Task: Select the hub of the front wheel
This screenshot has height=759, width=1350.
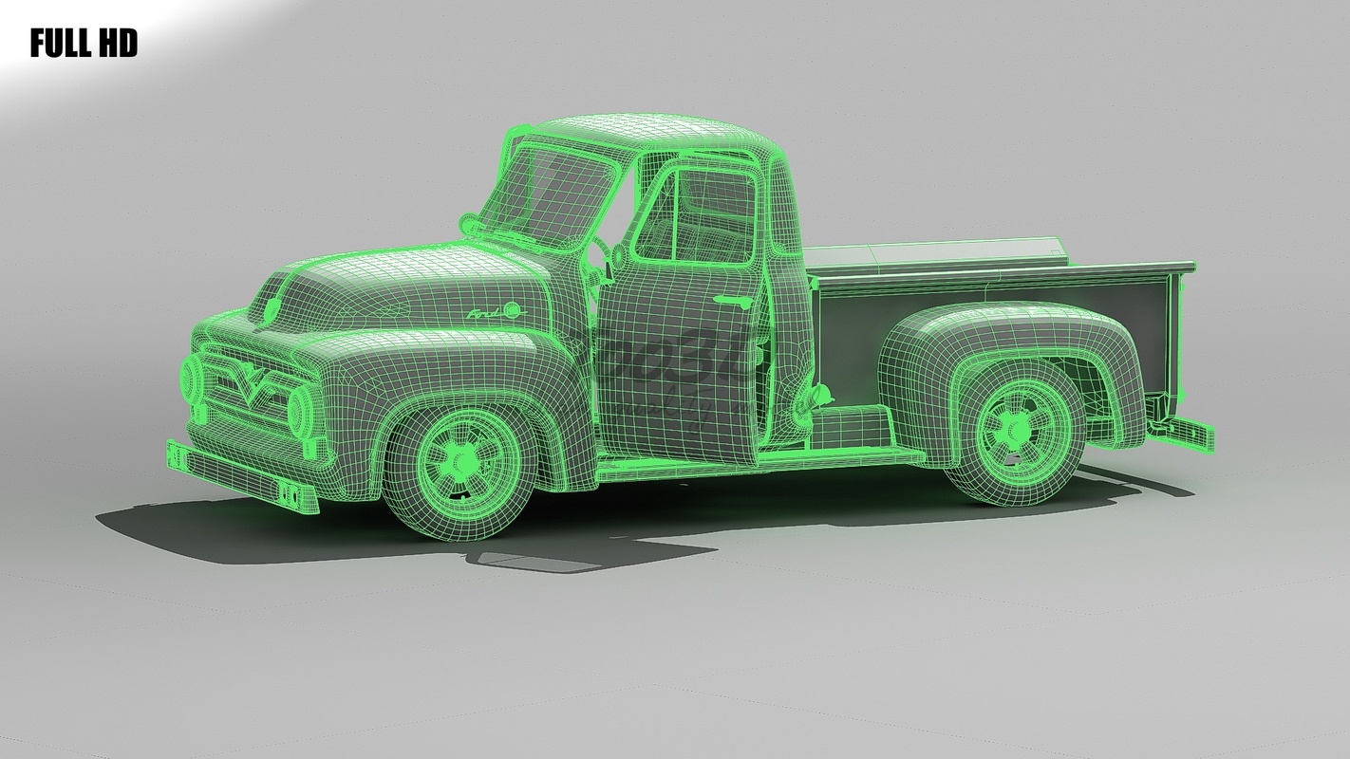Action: [462, 461]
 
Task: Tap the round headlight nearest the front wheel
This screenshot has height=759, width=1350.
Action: [302, 407]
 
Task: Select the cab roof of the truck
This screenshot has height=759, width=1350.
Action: [655, 133]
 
